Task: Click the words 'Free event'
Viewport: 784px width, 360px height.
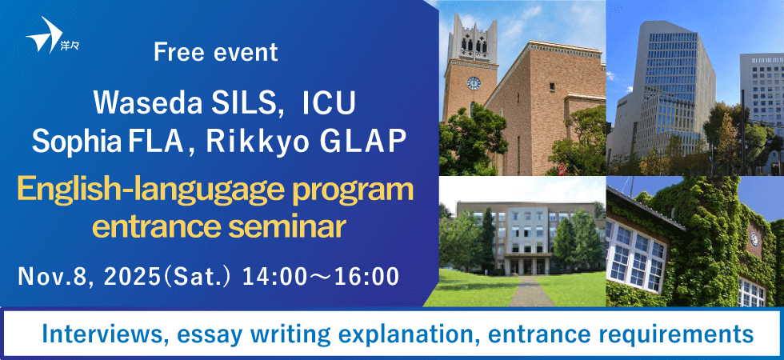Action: pyautogui.click(x=216, y=53)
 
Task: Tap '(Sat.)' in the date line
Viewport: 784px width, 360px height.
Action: pyautogui.click(x=196, y=277)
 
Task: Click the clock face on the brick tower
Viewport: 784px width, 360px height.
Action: pyautogui.click(x=473, y=82)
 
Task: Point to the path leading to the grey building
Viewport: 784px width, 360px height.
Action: pyautogui.click(x=531, y=292)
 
